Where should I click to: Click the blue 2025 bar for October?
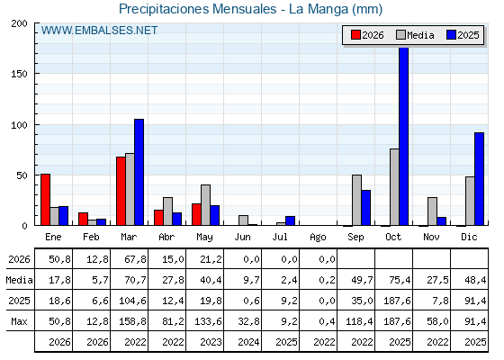coord(404,136)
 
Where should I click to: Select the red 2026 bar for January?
coord(45,200)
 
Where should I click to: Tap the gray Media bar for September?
coord(356,200)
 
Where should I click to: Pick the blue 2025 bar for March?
coord(139,172)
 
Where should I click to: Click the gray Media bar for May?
coord(206,205)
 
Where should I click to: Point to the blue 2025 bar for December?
coord(479,179)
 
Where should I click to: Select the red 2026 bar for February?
coord(83,219)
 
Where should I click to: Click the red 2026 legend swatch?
coord(355,35)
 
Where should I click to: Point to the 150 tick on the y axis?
coord(19,74)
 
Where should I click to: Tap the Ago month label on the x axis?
coord(318,238)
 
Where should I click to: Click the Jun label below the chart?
coord(242,238)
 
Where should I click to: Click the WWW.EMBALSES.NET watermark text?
coord(99,31)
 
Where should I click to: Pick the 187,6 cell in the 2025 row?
coord(397,301)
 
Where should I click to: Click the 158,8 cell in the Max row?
coord(133,321)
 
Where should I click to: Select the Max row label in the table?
coord(19,321)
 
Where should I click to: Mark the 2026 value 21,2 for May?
coord(211,259)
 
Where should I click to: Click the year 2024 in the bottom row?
coord(248,342)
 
